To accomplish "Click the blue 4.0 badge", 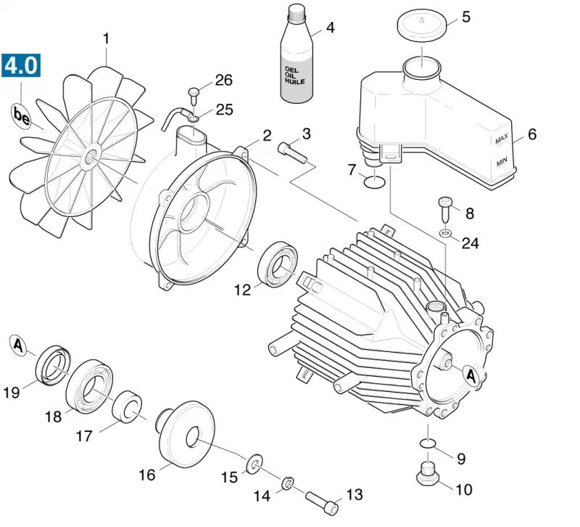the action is [x=21, y=65].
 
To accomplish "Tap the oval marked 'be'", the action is [x=21, y=116].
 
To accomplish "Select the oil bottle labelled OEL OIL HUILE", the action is [x=297, y=56].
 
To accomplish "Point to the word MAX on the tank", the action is [x=502, y=139].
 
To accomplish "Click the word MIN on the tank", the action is [x=502, y=162].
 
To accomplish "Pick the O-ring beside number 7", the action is [x=375, y=182].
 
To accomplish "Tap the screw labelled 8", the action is [x=445, y=208].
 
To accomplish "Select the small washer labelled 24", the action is [x=446, y=233].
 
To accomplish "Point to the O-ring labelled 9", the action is [x=428, y=443].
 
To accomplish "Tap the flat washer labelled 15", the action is [x=254, y=463].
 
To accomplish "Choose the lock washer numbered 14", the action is [x=287, y=483].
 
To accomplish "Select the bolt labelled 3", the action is [x=292, y=152].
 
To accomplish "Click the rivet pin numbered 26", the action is [x=194, y=96].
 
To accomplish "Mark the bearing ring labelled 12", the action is [x=278, y=263].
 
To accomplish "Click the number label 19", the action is [x=11, y=392].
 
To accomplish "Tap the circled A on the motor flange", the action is [x=471, y=375].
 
